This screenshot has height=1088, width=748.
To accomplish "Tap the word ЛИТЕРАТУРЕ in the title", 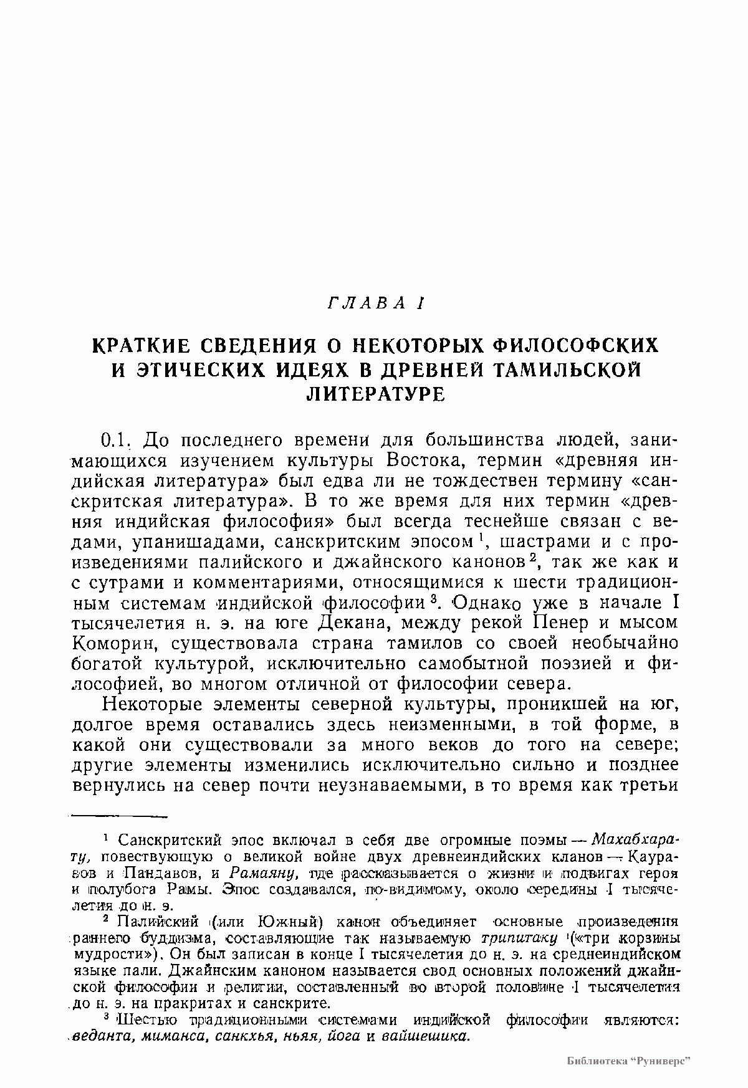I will [x=376, y=394].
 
